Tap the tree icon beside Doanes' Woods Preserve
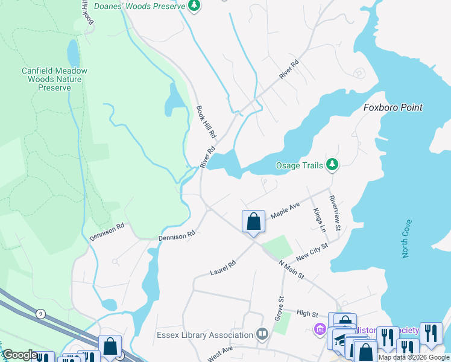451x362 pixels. [x=194, y=5]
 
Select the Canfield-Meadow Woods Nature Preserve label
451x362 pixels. [x=54, y=79]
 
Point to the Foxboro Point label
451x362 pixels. [x=393, y=107]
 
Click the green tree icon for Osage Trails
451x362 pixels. [x=332, y=164]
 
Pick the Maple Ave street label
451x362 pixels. [x=285, y=211]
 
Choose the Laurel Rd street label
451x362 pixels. [x=222, y=268]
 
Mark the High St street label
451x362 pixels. [x=307, y=313]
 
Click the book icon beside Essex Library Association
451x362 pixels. [x=262, y=334]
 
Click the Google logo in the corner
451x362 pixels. [x=20, y=355]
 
